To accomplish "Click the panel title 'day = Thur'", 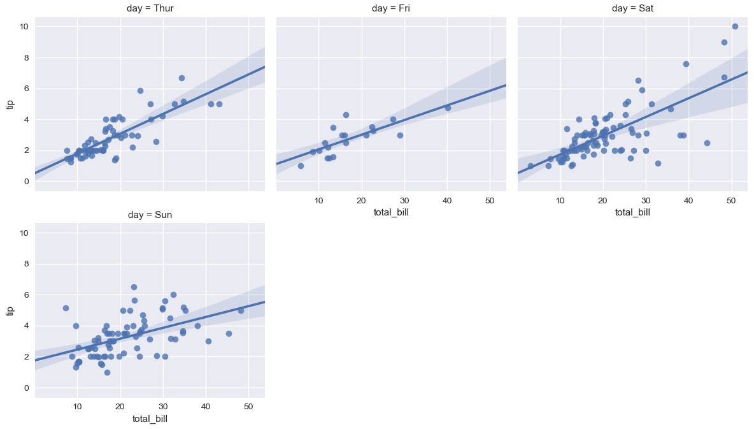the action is (x=150, y=8).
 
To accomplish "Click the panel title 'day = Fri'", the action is (x=391, y=8).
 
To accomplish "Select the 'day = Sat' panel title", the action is (x=632, y=8).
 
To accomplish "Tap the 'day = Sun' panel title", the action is (x=150, y=215).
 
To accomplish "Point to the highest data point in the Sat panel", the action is (x=735, y=27).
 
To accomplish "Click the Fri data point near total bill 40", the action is (x=448, y=108).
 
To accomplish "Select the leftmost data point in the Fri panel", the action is (x=301, y=166).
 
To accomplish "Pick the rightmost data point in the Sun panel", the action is (x=241, y=310).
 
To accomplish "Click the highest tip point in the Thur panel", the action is (x=181, y=78).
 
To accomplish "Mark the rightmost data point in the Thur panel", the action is (x=219, y=104).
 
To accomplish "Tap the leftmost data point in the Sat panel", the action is (x=530, y=166).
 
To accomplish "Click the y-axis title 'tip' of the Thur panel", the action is (x=10, y=105).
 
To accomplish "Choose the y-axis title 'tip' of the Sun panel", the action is (x=10, y=310).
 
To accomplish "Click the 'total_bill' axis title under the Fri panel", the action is (x=391, y=212).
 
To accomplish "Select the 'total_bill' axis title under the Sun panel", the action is (x=150, y=419).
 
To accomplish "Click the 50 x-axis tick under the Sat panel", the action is (x=731, y=200).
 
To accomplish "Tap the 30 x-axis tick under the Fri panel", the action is (x=404, y=200).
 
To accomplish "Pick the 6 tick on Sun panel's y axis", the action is (x=27, y=294).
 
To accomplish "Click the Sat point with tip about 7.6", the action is (x=686, y=64).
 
